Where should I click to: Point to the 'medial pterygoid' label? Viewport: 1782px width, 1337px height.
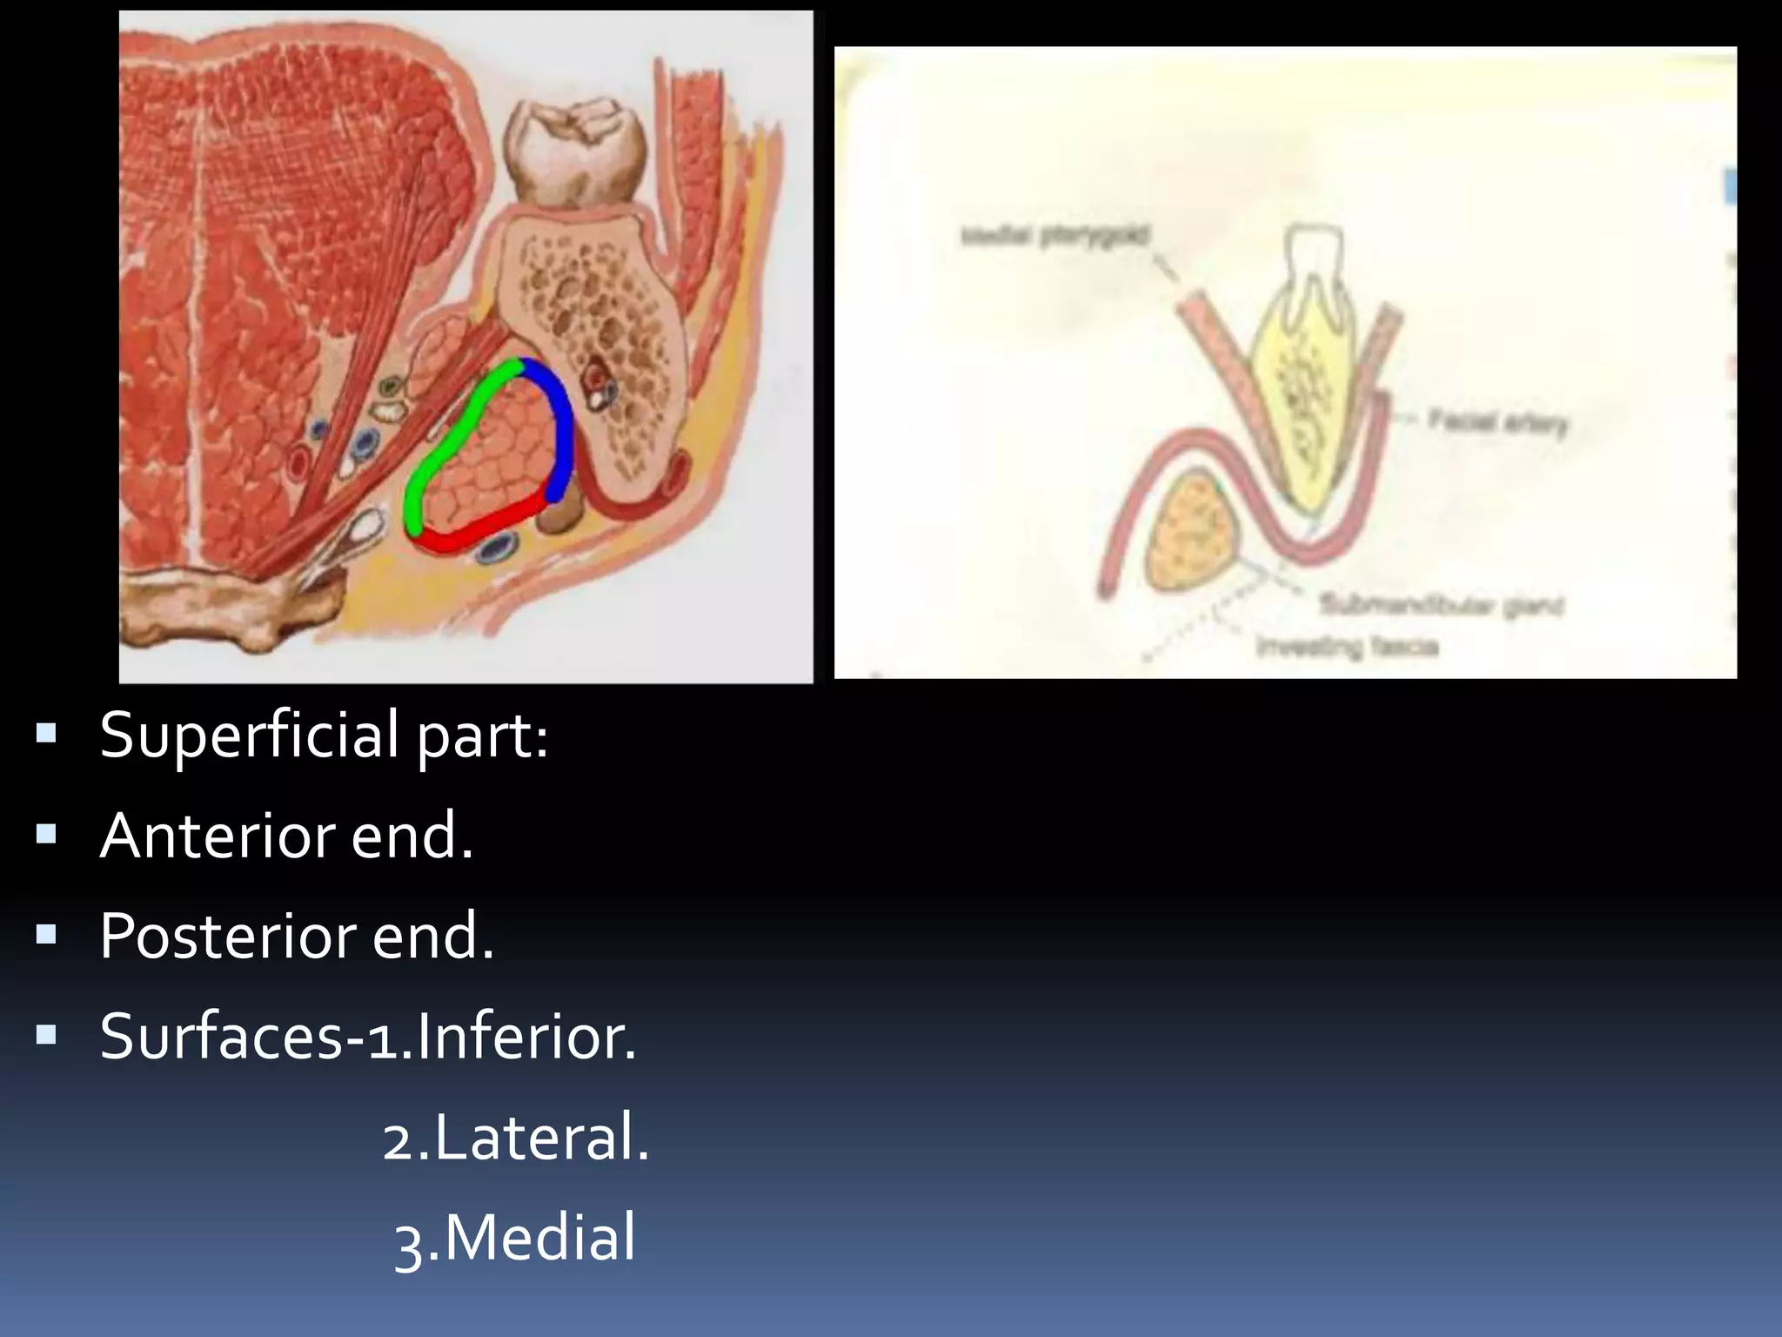coord(1055,235)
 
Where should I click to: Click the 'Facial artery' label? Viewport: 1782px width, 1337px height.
coord(1497,424)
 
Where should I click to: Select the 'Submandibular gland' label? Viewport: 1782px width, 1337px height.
coord(1441,604)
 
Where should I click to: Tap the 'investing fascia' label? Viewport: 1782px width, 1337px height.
coord(1347,647)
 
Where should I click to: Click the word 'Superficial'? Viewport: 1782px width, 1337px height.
coord(249,736)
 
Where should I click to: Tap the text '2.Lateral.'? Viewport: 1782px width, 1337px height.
coord(516,1138)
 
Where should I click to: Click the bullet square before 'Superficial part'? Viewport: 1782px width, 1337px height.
coord(46,734)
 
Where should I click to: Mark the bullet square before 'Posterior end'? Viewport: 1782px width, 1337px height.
coord(46,935)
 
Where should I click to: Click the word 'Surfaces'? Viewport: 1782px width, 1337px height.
coord(221,1037)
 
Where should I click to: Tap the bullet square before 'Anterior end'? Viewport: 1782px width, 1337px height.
coord(46,835)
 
